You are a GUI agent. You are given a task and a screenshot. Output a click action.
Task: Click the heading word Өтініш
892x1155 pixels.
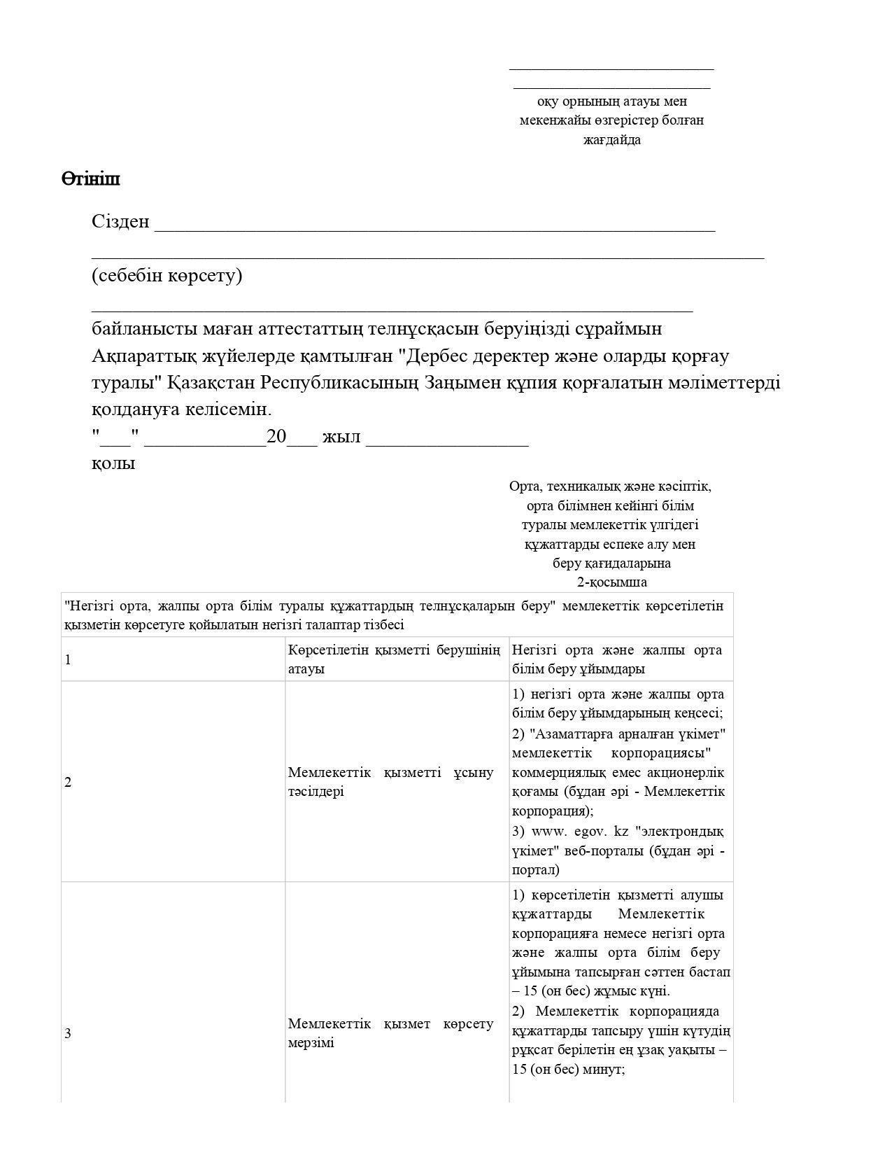tap(91, 179)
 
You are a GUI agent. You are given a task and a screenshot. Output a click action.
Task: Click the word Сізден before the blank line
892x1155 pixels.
tap(120, 222)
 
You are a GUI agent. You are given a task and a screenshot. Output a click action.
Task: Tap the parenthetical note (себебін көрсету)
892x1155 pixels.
tap(167, 275)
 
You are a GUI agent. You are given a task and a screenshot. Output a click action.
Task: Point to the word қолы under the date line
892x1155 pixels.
tap(113, 463)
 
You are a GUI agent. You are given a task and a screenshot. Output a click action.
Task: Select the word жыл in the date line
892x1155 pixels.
tap(341, 437)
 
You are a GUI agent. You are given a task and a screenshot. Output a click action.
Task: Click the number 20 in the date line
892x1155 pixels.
tap(276, 437)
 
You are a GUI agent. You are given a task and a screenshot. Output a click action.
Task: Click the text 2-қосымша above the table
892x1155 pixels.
tap(611, 582)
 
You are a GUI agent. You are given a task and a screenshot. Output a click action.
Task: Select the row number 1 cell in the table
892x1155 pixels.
tap(68, 659)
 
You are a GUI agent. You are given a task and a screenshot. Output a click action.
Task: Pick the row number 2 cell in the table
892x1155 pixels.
tap(68, 783)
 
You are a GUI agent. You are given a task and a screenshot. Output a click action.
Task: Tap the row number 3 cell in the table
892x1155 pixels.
tap(68, 1033)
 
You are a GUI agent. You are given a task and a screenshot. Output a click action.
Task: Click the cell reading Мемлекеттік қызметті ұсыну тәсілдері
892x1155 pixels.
tap(390, 782)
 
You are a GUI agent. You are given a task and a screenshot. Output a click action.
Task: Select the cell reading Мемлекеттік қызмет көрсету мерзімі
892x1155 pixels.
tap(390, 1033)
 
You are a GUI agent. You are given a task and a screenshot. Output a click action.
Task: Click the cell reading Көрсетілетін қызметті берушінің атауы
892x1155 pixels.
tap(394, 659)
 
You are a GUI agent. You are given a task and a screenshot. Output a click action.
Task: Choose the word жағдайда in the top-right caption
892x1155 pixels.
tap(611, 140)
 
